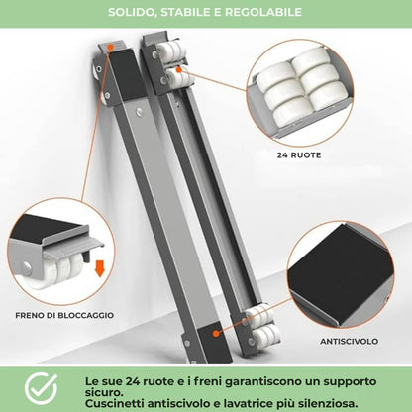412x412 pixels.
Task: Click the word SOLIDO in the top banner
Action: click(x=131, y=13)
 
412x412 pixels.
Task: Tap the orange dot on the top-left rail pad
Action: click(x=111, y=47)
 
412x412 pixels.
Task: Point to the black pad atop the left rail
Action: click(x=124, y=66)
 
